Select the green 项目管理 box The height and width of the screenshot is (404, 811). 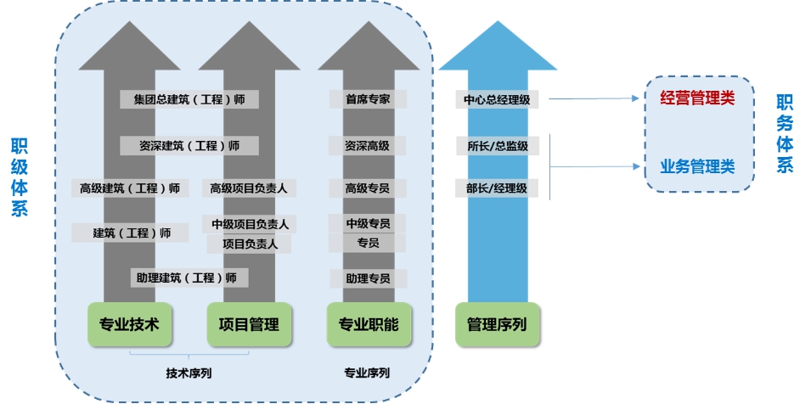[249, 324]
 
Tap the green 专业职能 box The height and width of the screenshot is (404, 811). [369, 324]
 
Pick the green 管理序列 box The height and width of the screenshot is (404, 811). [497, 324]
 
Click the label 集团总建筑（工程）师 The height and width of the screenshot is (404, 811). [189, 99]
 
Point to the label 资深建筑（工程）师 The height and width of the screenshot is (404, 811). [189, 146]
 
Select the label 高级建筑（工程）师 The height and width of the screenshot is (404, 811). [130, 188]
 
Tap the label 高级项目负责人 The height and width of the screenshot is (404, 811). [249, 188]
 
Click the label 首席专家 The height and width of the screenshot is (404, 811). [368, 99]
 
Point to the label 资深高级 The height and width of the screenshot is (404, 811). [368, 146]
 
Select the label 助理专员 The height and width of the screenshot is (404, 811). [368, 278]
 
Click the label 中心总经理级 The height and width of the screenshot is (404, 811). [497, 99]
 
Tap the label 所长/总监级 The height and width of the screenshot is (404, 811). [497, 146]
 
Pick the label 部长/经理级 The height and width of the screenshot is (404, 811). [497, 188]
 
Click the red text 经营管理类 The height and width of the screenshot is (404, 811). [697, 98]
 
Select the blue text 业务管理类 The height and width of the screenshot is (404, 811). [697, 166]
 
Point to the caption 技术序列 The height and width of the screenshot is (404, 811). [189, 373]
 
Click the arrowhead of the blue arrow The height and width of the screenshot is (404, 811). [497, 47]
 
